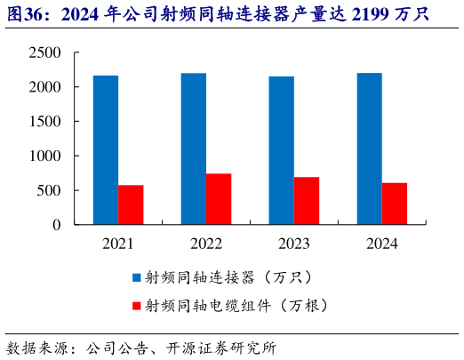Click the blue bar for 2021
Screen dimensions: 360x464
point(106,150)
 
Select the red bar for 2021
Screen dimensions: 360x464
point(131,204)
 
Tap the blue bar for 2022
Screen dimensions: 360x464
point(194,149)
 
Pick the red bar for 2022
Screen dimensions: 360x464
point(219,199)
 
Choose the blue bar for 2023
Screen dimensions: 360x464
point(281,150)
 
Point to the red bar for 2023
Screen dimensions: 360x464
point(307,201)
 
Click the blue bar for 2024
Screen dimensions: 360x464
point(369,149)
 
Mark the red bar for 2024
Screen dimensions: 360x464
point(395,204)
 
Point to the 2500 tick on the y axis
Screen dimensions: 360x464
point(44,53)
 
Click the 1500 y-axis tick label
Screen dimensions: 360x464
point(44,122)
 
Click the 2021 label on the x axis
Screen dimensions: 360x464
point(118,244)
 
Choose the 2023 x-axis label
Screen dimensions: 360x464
point(293,244)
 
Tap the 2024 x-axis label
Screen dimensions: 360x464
point(381,244)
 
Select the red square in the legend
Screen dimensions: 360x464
point(136,306)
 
